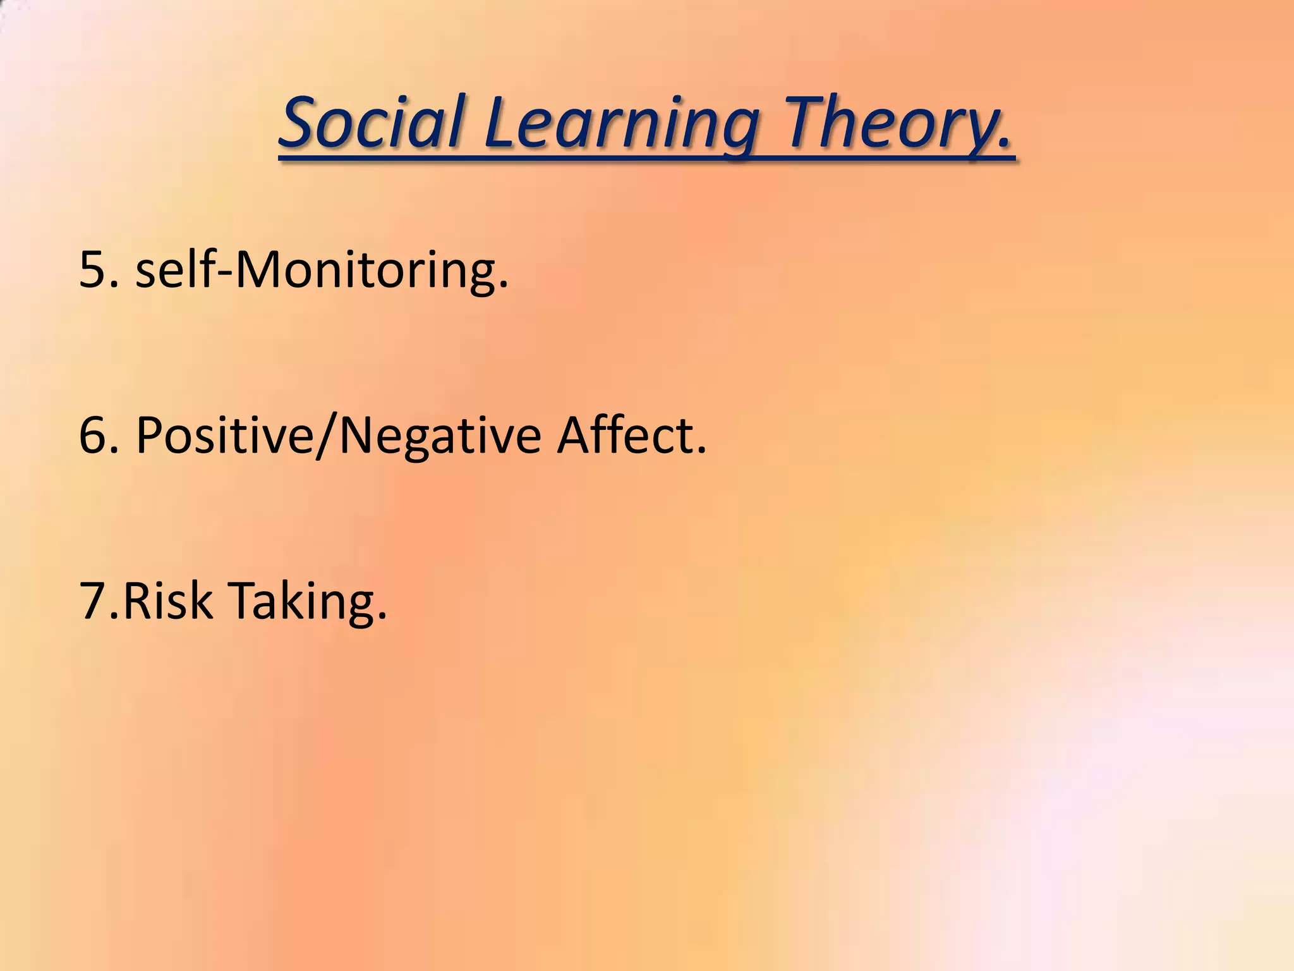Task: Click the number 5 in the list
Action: pyautogui.click(x=92, y=270)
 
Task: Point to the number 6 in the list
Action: pyautogui.click(x=92, y=436)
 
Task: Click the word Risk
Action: pyautogui.click(x=167, y=600)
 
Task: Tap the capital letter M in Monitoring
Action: pyautogui.click(x=259, y=270)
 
